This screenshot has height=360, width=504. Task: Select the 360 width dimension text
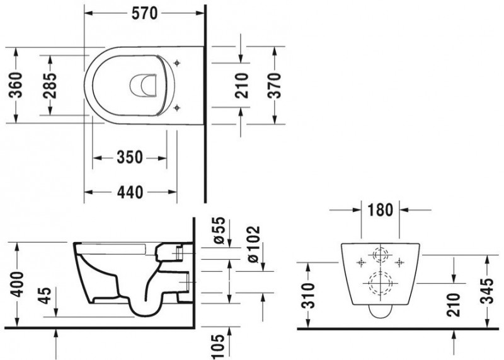tap(17, 86)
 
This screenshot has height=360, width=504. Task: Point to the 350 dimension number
tap(129, 157)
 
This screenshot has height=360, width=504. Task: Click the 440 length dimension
tap(129, 191)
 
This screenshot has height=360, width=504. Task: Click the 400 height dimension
tap(17, 285)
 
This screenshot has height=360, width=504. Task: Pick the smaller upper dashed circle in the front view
tap(381, 257)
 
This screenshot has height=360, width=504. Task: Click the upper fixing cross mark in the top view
tap(177, 63)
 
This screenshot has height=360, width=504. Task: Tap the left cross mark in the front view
tap(360, 262)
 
